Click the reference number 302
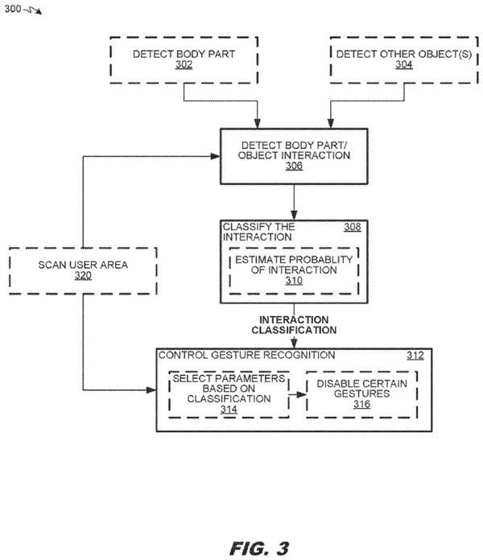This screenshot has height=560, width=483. click(184, 65)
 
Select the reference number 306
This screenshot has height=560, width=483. click(294, 167)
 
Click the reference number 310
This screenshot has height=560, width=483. click(294, 281)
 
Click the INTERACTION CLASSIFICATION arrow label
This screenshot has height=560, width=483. click(294, 324)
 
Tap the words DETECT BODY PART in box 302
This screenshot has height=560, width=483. click(184, 54)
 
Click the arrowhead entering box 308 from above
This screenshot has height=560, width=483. click(294, 214)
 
